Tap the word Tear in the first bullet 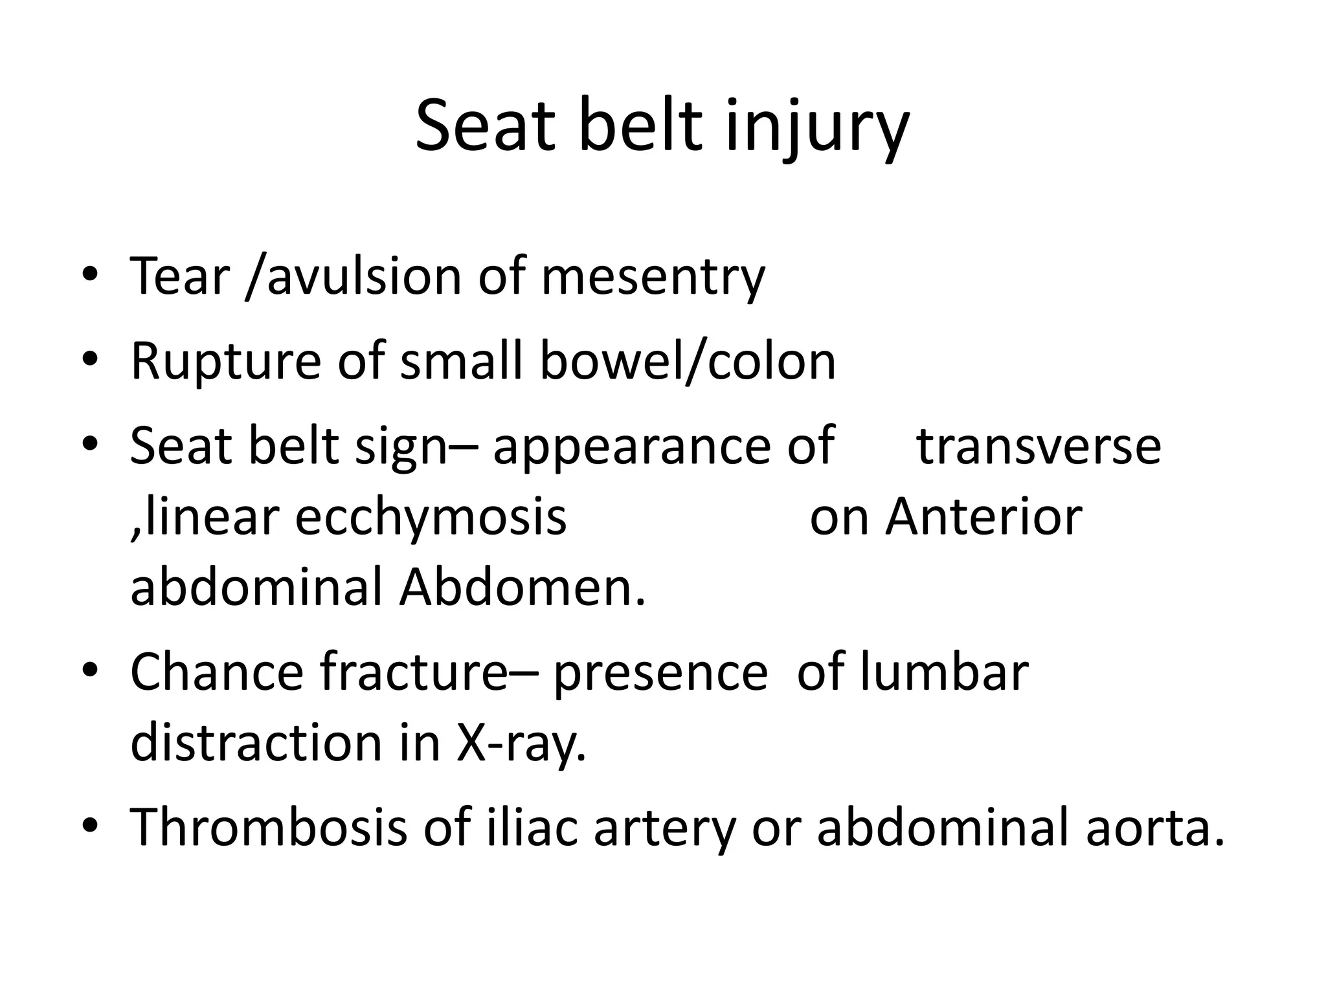[180, 276]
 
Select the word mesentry [653, 276]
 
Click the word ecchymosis [431, 517]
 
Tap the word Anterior [983, 517]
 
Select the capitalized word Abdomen [522, 588]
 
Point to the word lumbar [945, 672]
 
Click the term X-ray [521, 743]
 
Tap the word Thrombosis [269, 828]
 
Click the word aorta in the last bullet [1155, 828]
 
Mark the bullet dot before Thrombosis [90, 827]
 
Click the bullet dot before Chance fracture [90, 672]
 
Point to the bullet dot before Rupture [90, 360]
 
